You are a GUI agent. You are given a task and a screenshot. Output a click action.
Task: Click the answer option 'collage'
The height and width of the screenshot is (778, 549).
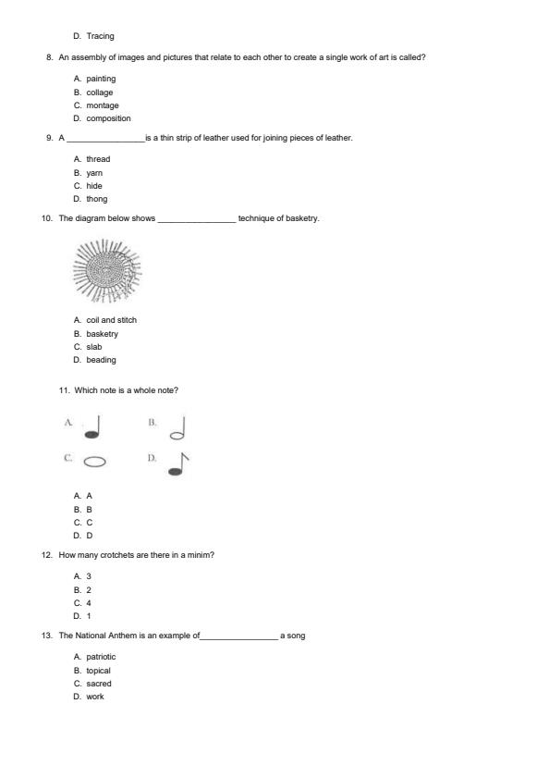coord(100,93)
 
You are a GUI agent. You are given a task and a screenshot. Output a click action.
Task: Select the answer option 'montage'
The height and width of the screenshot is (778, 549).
coord(103,105)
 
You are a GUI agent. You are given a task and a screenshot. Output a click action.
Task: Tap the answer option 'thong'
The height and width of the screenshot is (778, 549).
coord(97,199)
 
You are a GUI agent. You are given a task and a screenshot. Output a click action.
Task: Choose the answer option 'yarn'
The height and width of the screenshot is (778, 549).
coord(94,173)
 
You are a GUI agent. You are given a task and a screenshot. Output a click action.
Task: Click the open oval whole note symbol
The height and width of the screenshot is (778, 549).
coord(94,462)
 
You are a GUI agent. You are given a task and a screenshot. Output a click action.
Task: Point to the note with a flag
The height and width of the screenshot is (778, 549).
coord(177,463)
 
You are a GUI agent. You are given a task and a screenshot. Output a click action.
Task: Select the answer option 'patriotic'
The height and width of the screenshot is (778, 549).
coord(102,657)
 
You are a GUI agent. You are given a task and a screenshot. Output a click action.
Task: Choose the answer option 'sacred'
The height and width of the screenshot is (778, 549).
coord(99,684)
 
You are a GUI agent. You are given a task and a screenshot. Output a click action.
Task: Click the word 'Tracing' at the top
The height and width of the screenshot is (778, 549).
coord(101,36)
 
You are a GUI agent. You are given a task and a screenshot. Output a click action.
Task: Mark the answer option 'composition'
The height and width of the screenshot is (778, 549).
coord(109,118)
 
